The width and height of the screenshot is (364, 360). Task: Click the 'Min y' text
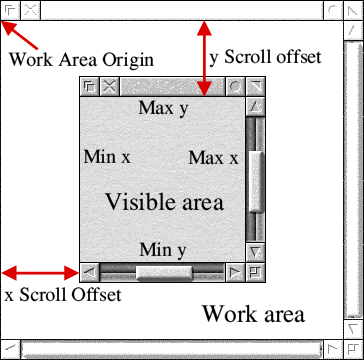coord(162,250)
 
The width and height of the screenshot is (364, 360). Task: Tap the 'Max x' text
coord(213,158)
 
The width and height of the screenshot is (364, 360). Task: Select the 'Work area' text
coord(252,314)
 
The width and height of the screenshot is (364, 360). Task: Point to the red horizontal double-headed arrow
coord(40,271)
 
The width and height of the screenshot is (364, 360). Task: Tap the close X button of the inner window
coord(109,87)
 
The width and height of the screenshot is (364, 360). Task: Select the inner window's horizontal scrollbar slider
coord(164,271)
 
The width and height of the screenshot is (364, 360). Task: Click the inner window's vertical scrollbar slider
coord(256,180)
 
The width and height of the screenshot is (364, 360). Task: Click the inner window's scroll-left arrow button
coord(89,271)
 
